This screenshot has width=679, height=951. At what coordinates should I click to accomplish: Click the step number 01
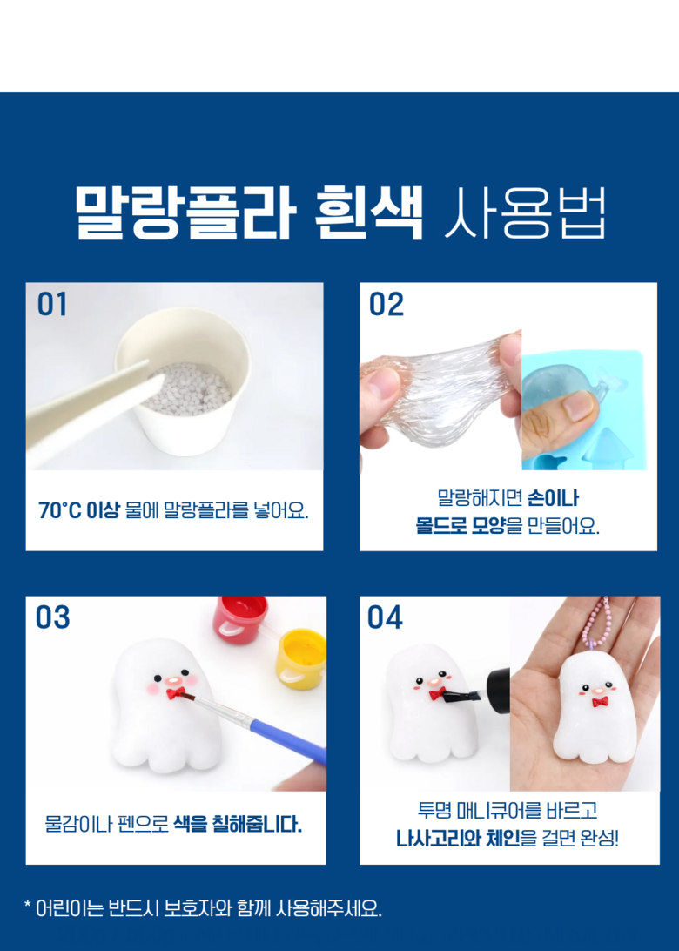point(52,304)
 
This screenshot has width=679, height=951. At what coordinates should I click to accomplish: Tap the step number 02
point(387,304)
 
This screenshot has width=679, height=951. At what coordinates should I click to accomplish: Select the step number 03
point(53,617)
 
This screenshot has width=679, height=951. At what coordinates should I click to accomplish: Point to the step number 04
point(385,617)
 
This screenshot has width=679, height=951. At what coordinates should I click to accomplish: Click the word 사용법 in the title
point(525,212)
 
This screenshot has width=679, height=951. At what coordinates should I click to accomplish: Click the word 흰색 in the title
point(368,212)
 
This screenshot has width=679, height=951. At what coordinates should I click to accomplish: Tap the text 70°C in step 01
point(59,510)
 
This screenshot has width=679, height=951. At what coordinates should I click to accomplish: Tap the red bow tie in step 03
point(176,692)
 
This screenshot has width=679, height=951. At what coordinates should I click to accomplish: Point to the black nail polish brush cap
point(497,691)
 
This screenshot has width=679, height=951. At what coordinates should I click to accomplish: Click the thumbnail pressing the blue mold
point(577,405)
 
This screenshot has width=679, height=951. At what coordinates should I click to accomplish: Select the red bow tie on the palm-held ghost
point(600,702)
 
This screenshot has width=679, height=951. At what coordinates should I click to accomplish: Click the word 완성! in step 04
point(599,838)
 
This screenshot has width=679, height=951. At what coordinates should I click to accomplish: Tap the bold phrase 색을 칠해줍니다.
point(237,824)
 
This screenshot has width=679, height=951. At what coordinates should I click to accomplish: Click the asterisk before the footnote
point(27,905)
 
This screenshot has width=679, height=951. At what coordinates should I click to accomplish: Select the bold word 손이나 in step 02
point(553,498)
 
